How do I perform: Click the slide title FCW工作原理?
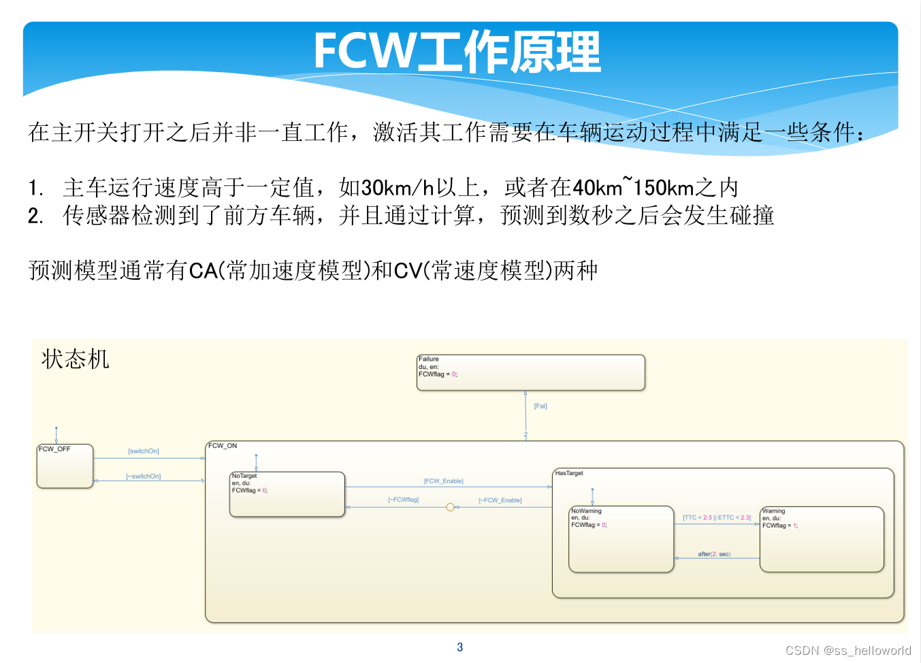[457, 52]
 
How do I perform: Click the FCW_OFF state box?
[65, 467]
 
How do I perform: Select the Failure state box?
[530, 372]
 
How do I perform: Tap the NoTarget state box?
[287, 495]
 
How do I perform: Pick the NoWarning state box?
[621, 540]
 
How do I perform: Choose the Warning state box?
[822, 540]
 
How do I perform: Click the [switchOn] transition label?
[144, 451]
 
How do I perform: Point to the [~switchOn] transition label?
[144, 476]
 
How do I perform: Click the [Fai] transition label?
[540, 406]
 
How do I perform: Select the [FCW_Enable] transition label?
[443, 481]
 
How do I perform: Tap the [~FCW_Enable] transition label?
[500, 500]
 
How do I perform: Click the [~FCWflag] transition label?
[404, 500]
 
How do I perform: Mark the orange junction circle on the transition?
[450, 507]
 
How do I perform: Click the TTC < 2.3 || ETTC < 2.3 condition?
[717, 518]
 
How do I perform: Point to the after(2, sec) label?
[714, 554]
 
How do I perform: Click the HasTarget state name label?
[569, 473]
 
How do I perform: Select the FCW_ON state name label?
[223, 446]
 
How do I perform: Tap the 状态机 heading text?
[75, 359]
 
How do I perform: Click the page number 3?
[460, 647]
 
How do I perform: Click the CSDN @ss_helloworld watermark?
[848, 650]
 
